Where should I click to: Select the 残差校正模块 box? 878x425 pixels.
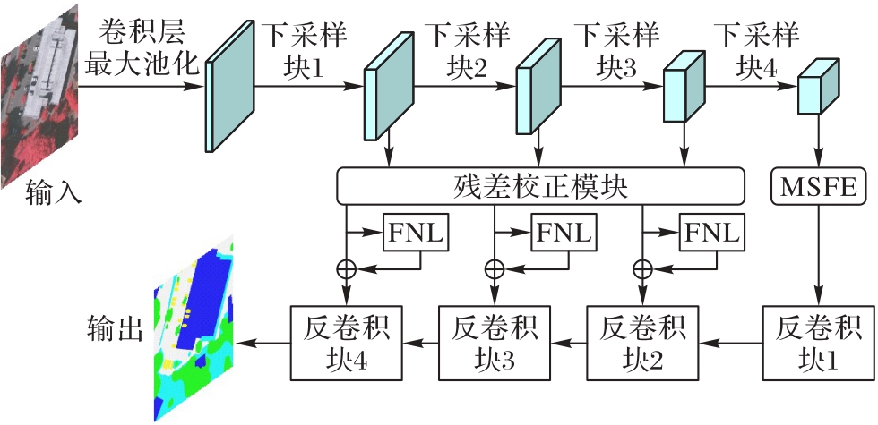click(x=540, y=187)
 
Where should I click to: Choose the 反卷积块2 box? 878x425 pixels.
click(x=640, y=341)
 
